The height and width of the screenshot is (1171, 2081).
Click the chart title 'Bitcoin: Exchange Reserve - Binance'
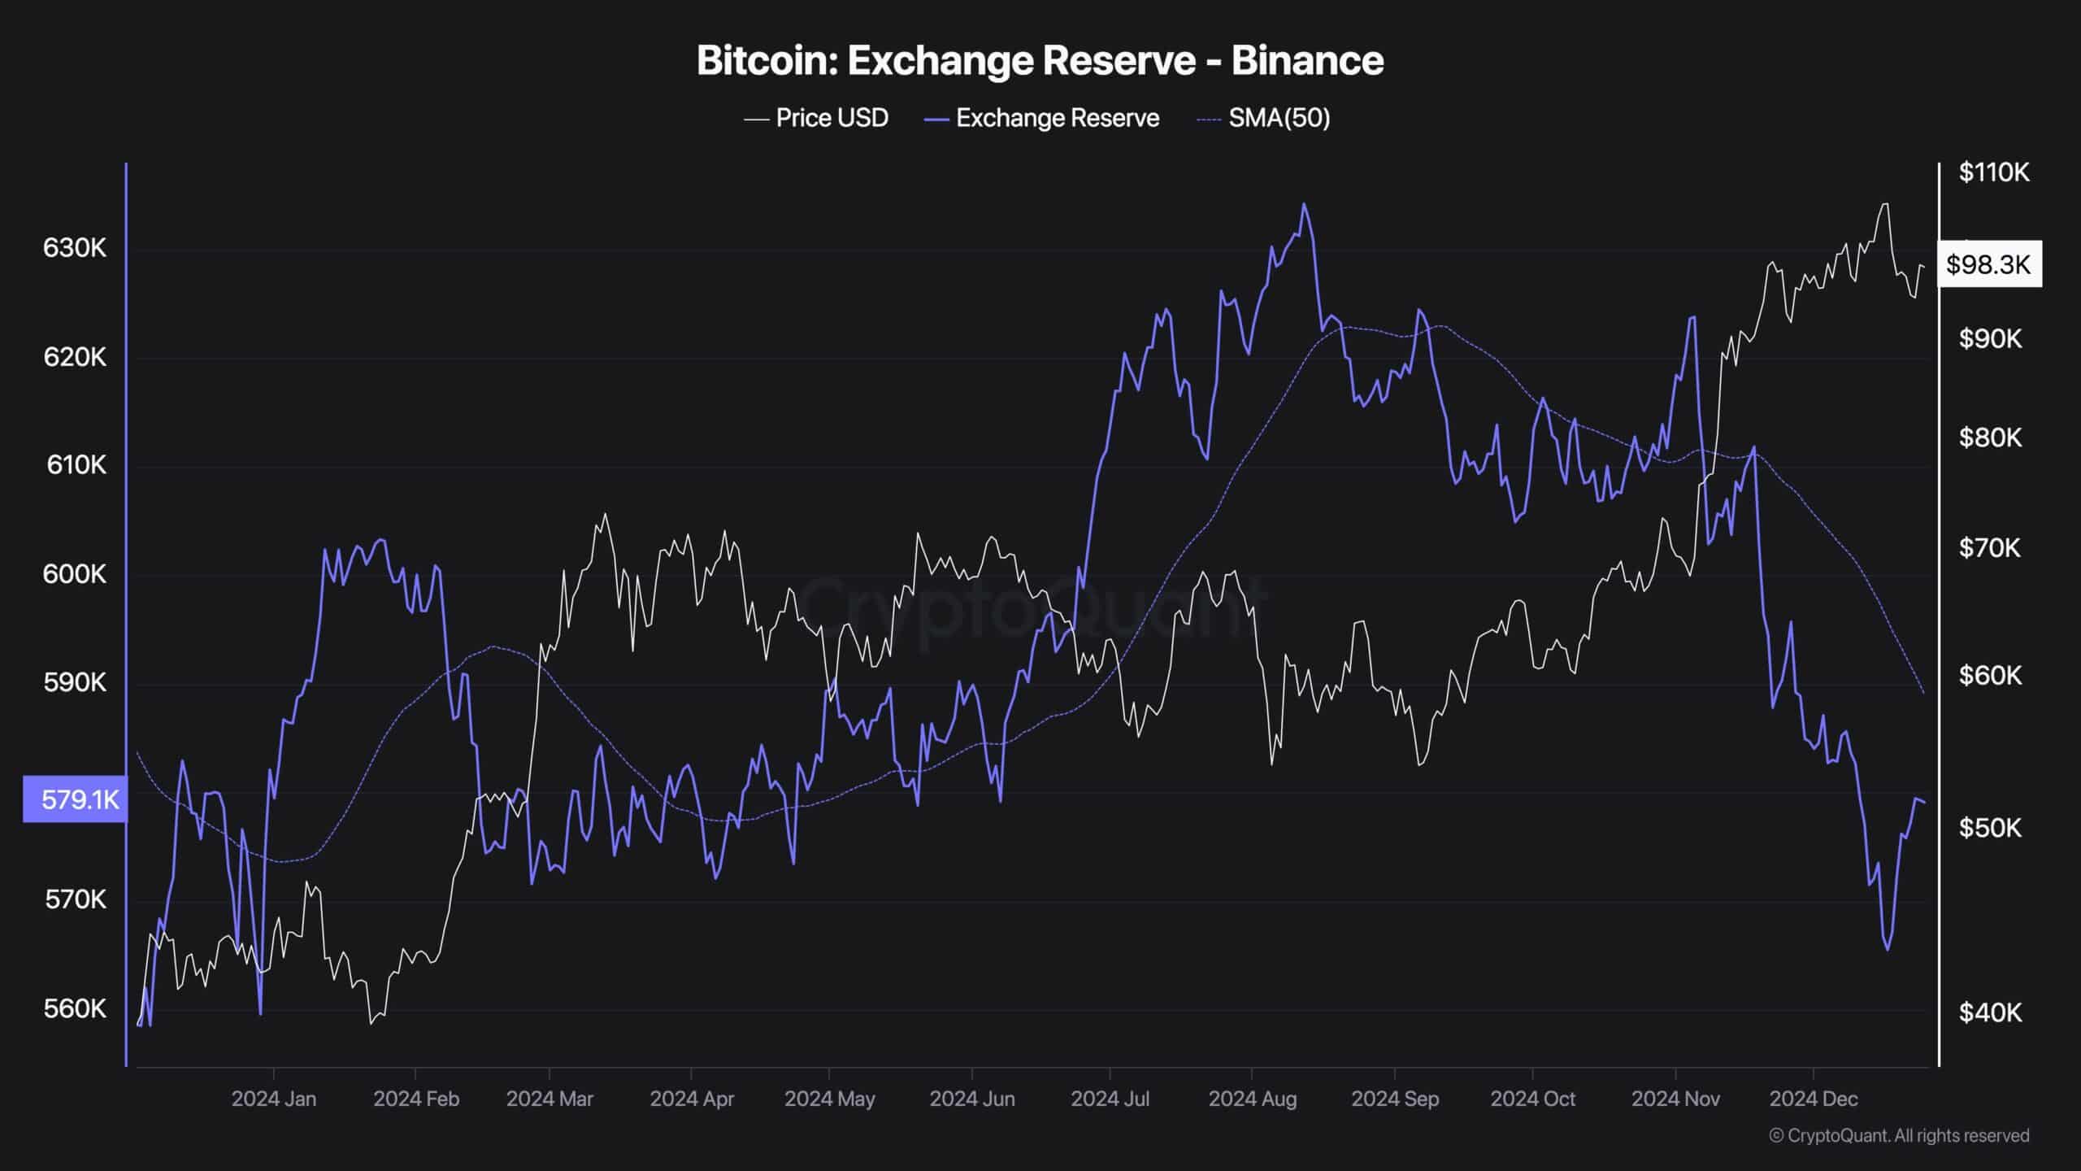(1040, 61)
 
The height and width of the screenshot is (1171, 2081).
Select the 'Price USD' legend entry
(816, 119)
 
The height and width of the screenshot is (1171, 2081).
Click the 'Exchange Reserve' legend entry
(1042, 119)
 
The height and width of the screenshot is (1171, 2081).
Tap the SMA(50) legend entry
(1264, 119)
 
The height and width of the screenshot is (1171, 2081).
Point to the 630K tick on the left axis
(75, 248)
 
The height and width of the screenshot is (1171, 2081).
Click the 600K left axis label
(75, 574)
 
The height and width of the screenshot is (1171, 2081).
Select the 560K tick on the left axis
(75, 1009)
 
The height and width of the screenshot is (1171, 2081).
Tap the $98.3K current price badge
(1988, 264)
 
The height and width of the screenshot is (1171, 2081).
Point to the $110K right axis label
(1994, 172)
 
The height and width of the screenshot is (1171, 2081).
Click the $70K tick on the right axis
(1989, 548)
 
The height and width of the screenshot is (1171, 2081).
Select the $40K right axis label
(1989, 1012)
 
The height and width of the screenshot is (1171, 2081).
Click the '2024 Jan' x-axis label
(274, 1099)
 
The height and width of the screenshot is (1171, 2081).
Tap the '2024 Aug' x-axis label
(1253, 1099)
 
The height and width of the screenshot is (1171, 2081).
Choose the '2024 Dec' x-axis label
(1814, 1099)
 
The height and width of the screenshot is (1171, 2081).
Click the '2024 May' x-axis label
(830, 1099)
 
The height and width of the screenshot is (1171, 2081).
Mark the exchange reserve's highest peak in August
(1304, 204)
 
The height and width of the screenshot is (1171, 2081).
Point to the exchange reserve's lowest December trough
(1888, 949)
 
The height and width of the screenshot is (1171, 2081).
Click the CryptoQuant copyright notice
(1899, 1136)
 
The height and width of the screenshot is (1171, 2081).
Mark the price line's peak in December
(1884, 204)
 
